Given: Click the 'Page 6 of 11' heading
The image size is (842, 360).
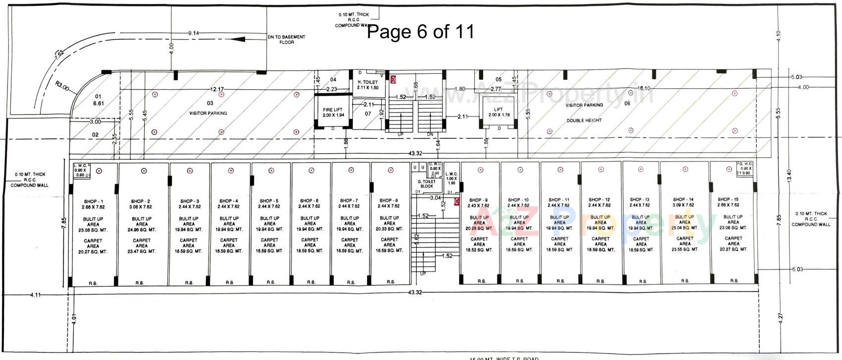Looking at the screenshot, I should pyautogui.click(x=420, y=32).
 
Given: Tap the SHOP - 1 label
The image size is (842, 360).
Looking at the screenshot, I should pyautogui.click(x=93, y=201).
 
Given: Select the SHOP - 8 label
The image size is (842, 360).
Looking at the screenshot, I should pyautogui.click(x=389, y=200).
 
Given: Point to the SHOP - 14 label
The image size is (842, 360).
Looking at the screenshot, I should pyautogui.click(x=684, y=199).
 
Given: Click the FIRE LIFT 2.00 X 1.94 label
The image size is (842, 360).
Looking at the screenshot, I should pyautogui.click(x=332, y=112).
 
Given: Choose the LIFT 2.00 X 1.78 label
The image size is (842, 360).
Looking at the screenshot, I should pyautogui.click(x=499, y=112).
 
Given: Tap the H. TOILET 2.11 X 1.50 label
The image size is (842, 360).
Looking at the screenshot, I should pyautogui.click(x=368, y=85).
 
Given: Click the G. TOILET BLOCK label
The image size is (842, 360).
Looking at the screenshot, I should pyautogui.click(x=427, y=184).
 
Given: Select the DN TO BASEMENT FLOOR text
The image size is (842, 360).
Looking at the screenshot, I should pyautogui.click(x=286, y=40).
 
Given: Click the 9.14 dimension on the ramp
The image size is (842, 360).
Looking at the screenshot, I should pyautogui.click(x=193, y=33).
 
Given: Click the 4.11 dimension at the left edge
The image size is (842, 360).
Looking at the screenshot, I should pyautogui.click(x=35, y=295).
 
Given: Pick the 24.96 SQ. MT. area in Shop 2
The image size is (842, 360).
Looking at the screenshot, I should pyautogui.click(x=141, y=230).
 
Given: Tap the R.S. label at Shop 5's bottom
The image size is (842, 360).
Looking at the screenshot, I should pyautogui.click(x=271, y=282).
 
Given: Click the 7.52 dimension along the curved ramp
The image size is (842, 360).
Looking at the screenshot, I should pyautogui.click(x=59, y=55).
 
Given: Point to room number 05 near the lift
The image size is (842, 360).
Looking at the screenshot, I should pyautogui.click(x=498, y=79).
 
